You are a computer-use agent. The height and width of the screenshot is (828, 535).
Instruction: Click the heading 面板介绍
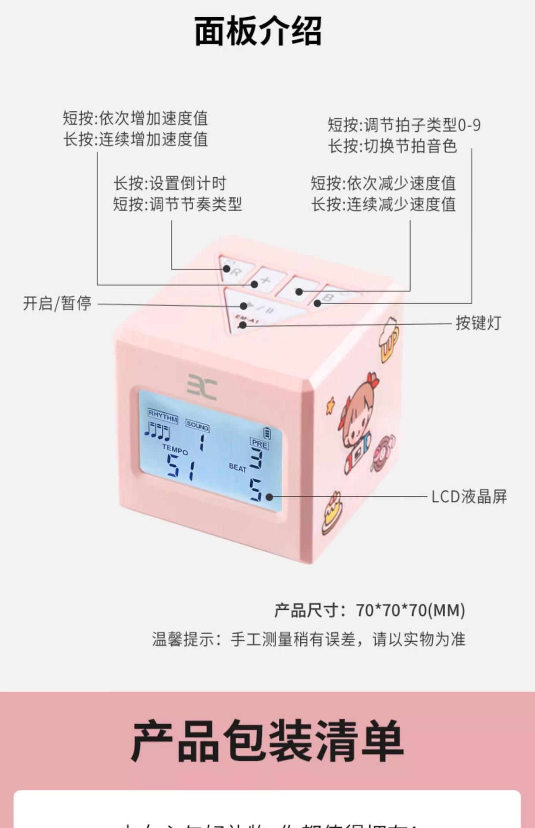coord(258,31)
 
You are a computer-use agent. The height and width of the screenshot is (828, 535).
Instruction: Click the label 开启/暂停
coord(57,303)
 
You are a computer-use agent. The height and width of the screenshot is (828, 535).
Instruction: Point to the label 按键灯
coord(478,323)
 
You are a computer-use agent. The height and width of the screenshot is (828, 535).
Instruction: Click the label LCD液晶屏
coord(469,497)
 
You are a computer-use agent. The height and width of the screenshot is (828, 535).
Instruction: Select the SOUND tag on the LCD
coord(198,426)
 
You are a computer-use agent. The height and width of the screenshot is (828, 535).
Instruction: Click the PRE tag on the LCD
coord(259,443)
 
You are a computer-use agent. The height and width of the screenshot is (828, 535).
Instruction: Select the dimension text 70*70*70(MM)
coord(410,611)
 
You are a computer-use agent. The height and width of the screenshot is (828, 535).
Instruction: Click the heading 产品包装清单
coord(267,740)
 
